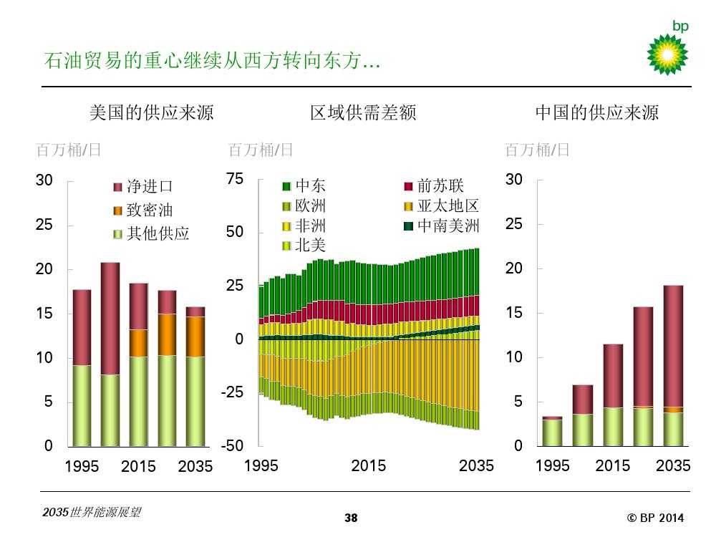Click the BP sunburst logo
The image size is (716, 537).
click(667, 54)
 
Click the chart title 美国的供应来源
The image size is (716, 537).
click(151, 112)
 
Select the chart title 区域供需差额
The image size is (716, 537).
click(363, 112)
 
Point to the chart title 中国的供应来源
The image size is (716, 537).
click(597, 112)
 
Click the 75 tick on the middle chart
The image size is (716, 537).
click(234, 179)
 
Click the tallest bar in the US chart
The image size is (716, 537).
click(110, 354)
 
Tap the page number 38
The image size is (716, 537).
click(351, 518)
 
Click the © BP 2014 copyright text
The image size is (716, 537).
click(655, 518)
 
